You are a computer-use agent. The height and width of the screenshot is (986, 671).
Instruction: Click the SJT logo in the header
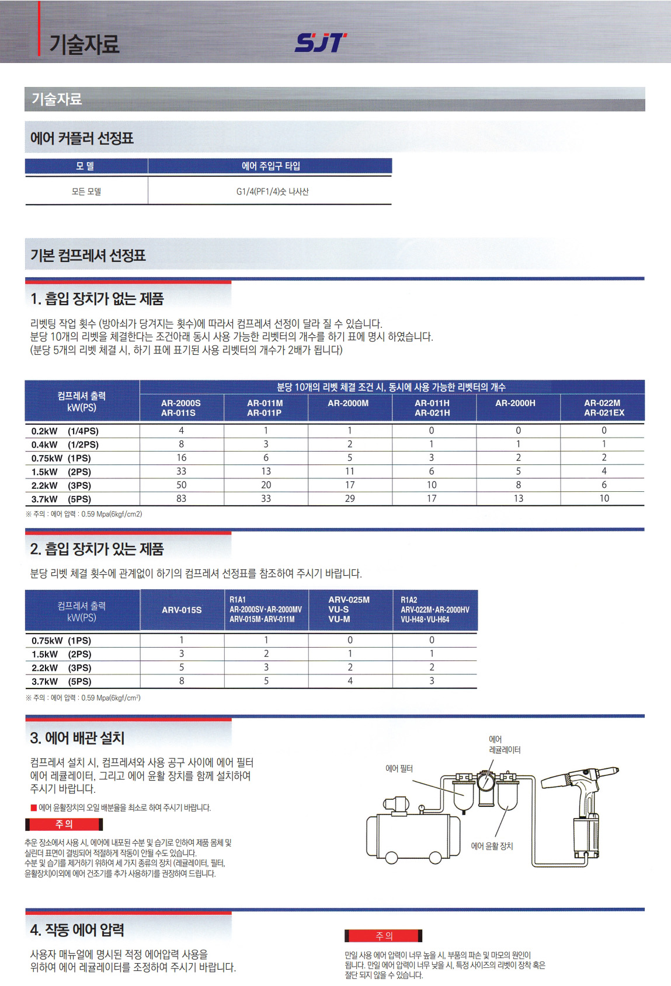point(321,43)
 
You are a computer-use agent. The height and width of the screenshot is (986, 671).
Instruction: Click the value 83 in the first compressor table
point(181,499)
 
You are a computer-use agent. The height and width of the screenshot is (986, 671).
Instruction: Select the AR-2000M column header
point(348,403)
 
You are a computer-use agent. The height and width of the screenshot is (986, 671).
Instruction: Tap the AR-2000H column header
point(515,403)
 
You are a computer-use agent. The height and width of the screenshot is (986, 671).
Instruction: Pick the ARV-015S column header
point(182,610)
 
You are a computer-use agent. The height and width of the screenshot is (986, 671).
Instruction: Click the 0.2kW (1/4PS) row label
point(65,431)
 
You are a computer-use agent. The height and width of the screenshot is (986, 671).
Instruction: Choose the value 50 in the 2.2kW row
point(181,485)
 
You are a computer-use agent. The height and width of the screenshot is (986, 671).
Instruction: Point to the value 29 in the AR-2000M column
point(349,499)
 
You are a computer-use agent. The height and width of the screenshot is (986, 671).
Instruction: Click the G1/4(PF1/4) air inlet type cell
point(272,191)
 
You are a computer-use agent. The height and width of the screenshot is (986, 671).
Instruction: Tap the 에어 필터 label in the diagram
point(399,769)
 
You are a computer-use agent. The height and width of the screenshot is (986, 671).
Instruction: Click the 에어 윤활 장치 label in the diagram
point(492,846)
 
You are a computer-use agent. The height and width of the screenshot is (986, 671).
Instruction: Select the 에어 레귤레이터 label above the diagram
point(505,745)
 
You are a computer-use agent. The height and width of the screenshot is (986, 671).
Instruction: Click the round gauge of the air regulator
point(485,781)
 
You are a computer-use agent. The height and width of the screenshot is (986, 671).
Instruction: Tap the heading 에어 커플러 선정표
point(82,138)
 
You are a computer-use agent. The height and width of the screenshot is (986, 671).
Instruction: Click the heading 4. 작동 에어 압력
point(77,929)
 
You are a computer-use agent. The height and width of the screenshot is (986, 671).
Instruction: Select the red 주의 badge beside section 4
point(383,936)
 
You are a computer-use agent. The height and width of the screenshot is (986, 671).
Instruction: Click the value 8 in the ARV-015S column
point(181,681)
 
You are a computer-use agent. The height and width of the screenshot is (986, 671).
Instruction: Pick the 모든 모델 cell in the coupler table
point(86,191)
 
